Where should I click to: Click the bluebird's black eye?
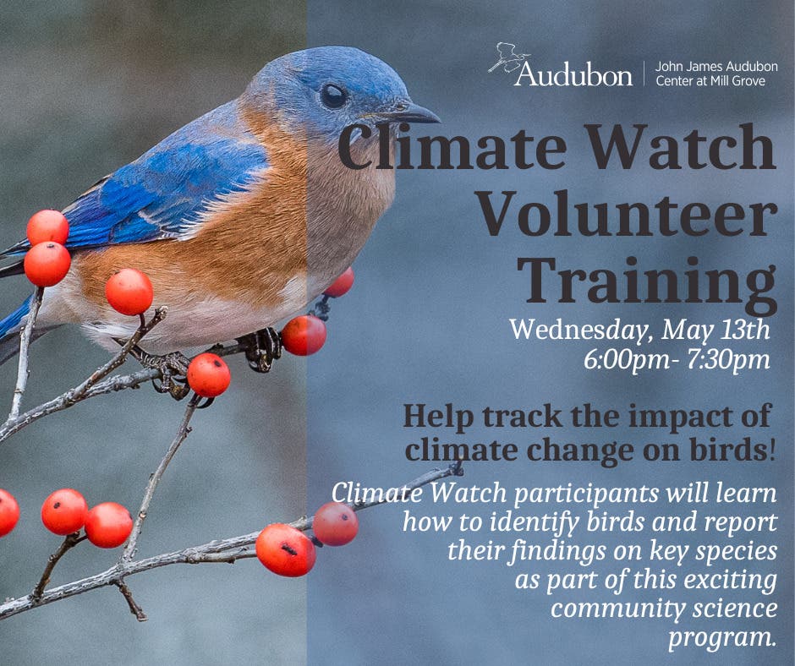tap(333, 96)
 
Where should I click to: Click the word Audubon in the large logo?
tap(573, 74)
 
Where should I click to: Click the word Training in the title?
tap(647, 281)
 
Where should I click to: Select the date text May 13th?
tap(715, 330)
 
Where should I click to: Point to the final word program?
tap(722, 637)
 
